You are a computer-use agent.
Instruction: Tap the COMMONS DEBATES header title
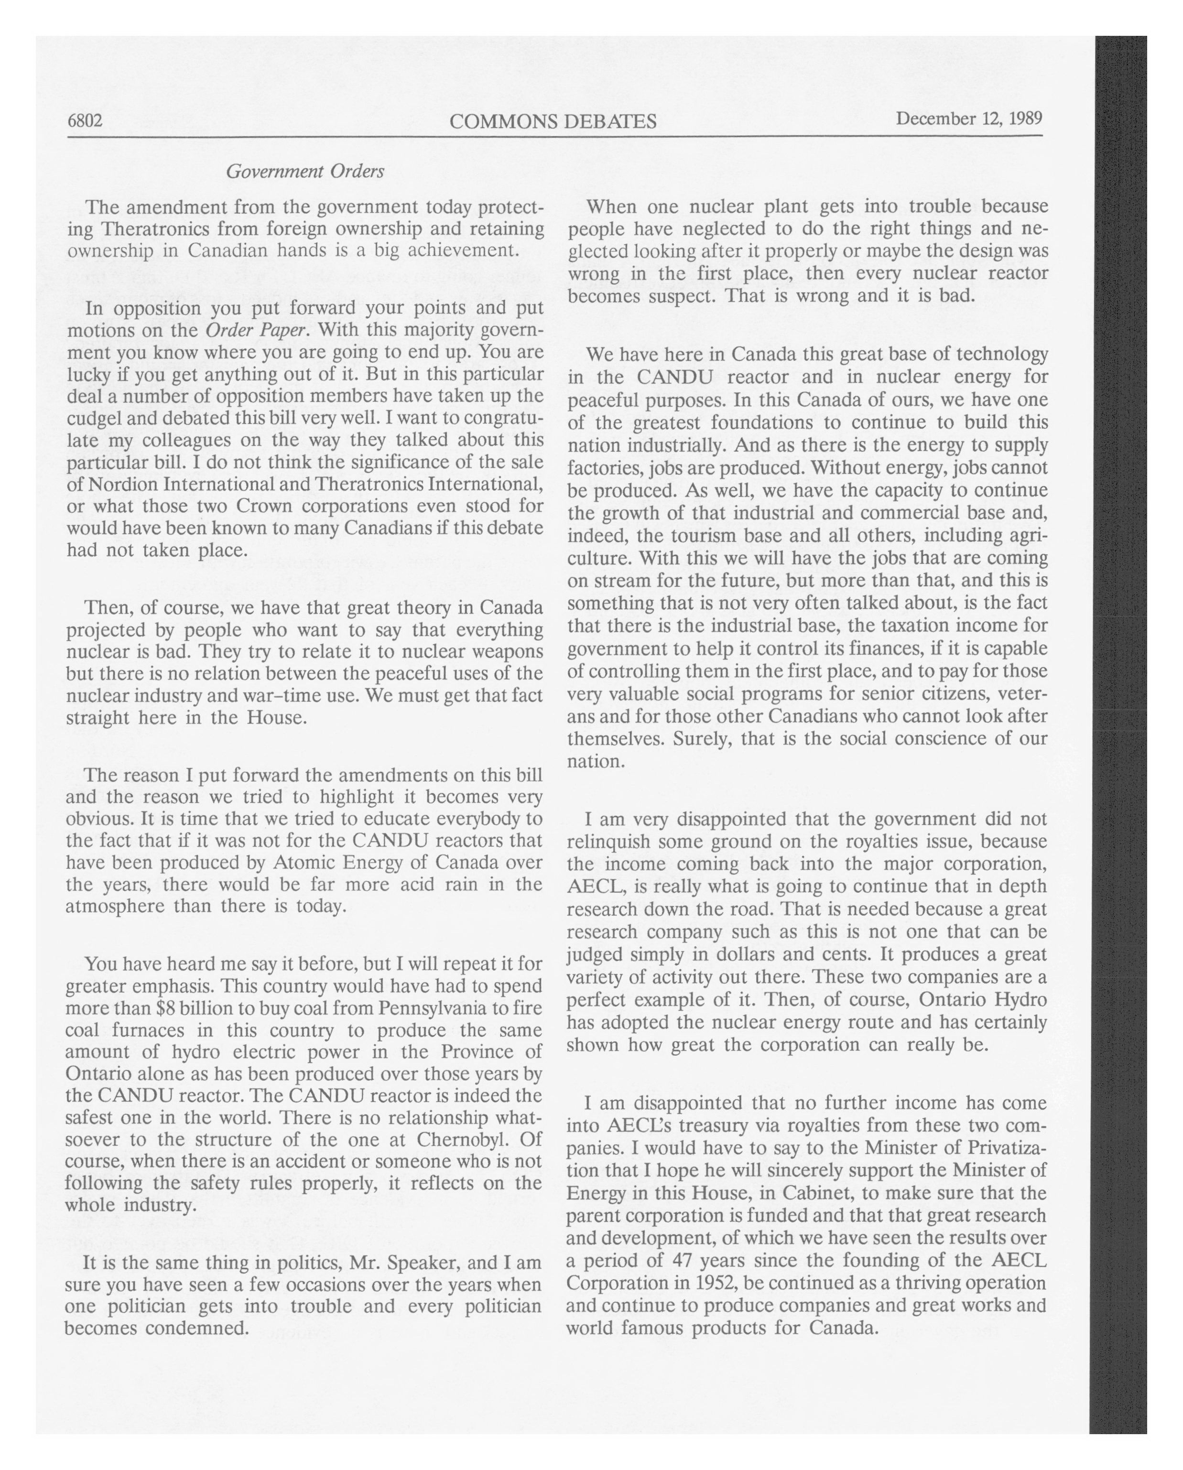553,121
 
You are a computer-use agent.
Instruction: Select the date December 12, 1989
969,119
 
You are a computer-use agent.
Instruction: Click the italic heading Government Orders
305,171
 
